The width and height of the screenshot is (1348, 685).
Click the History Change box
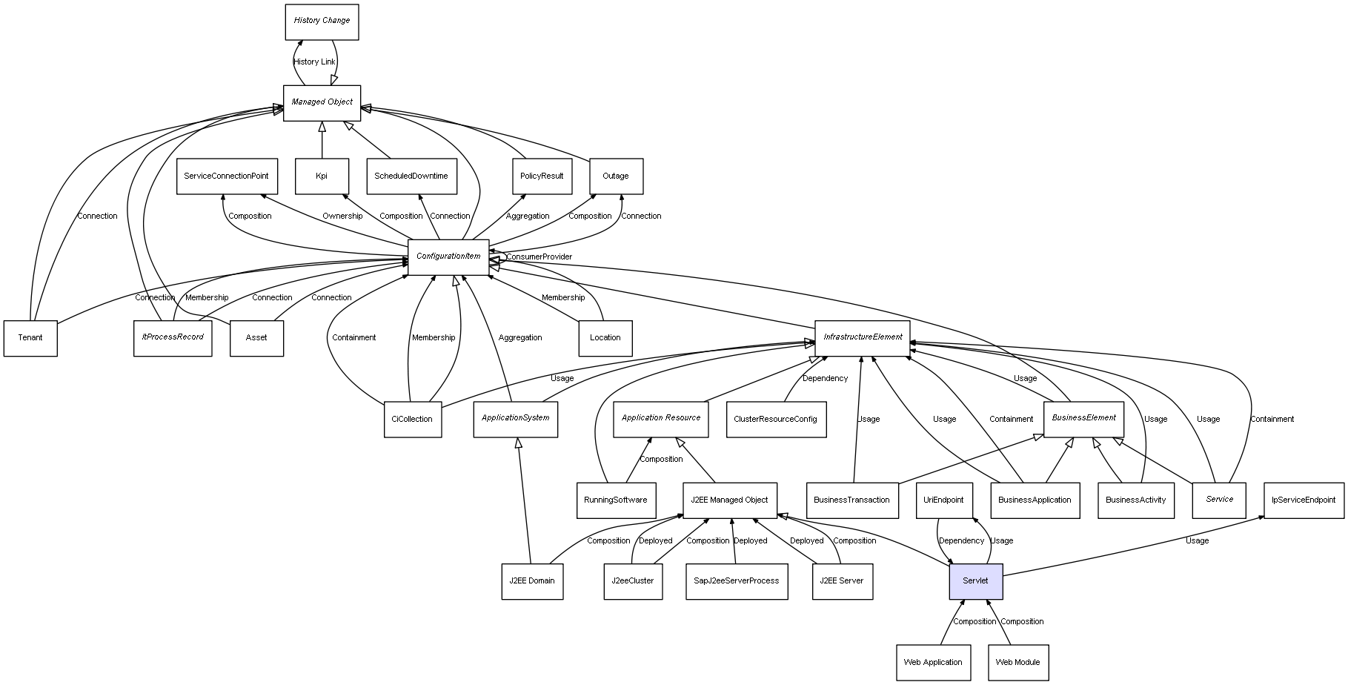tap(322, 21)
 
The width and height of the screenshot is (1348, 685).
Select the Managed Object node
tap(322, 102)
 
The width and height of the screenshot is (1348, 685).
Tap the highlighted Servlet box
tap(975, 581)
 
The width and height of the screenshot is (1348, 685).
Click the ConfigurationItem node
tap(448, 257)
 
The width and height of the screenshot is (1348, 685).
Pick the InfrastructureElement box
tap(862, 337)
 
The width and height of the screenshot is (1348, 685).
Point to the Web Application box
tap(932, 662)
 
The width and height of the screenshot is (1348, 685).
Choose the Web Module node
tap(1017, 662)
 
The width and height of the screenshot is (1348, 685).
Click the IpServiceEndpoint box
tap(1303, 500)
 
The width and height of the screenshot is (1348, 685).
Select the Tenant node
tap(30, 338)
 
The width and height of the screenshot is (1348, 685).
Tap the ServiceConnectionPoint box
tap(227, 176)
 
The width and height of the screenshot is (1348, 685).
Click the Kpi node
tap(322, 176)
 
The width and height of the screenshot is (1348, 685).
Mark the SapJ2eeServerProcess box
tap(736, 581)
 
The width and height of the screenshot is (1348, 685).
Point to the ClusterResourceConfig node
tap(775, 419)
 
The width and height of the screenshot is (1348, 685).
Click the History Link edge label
tap(314, 62)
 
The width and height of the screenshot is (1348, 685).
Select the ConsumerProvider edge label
tap(539, 257)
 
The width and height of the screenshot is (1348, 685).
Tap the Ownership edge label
tap(342, 216)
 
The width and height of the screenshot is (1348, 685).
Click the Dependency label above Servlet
tap(961, 541)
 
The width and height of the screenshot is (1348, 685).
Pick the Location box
tap(605, 338)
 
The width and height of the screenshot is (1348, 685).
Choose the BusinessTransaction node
tap(851, 500)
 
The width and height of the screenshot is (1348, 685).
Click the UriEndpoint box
tap(943, 500)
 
